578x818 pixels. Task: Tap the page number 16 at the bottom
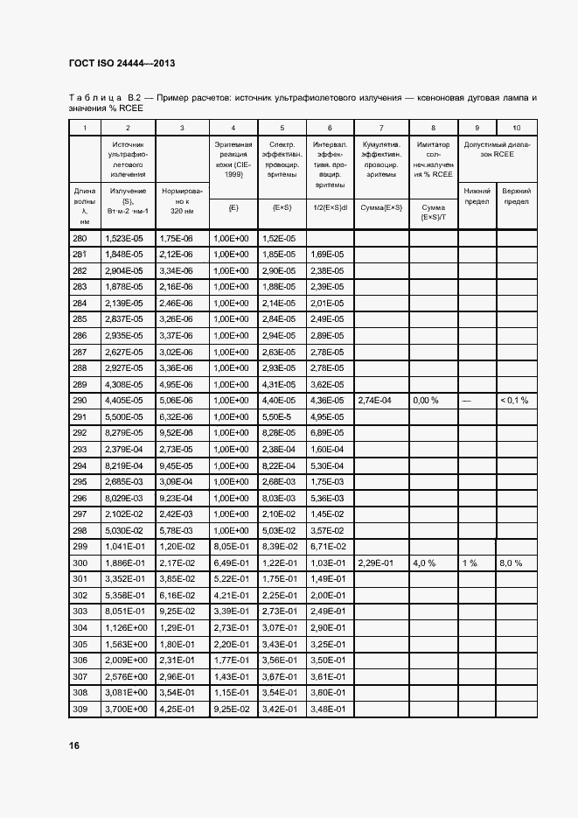tap(75, 745)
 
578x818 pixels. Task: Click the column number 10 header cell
tap(517, 128)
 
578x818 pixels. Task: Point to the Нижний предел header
tap(477, 195)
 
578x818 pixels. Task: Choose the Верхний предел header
tap(517, 195)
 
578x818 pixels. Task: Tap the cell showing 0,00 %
tap(425, 401)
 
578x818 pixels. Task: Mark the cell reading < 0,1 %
tap(516, 401)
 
